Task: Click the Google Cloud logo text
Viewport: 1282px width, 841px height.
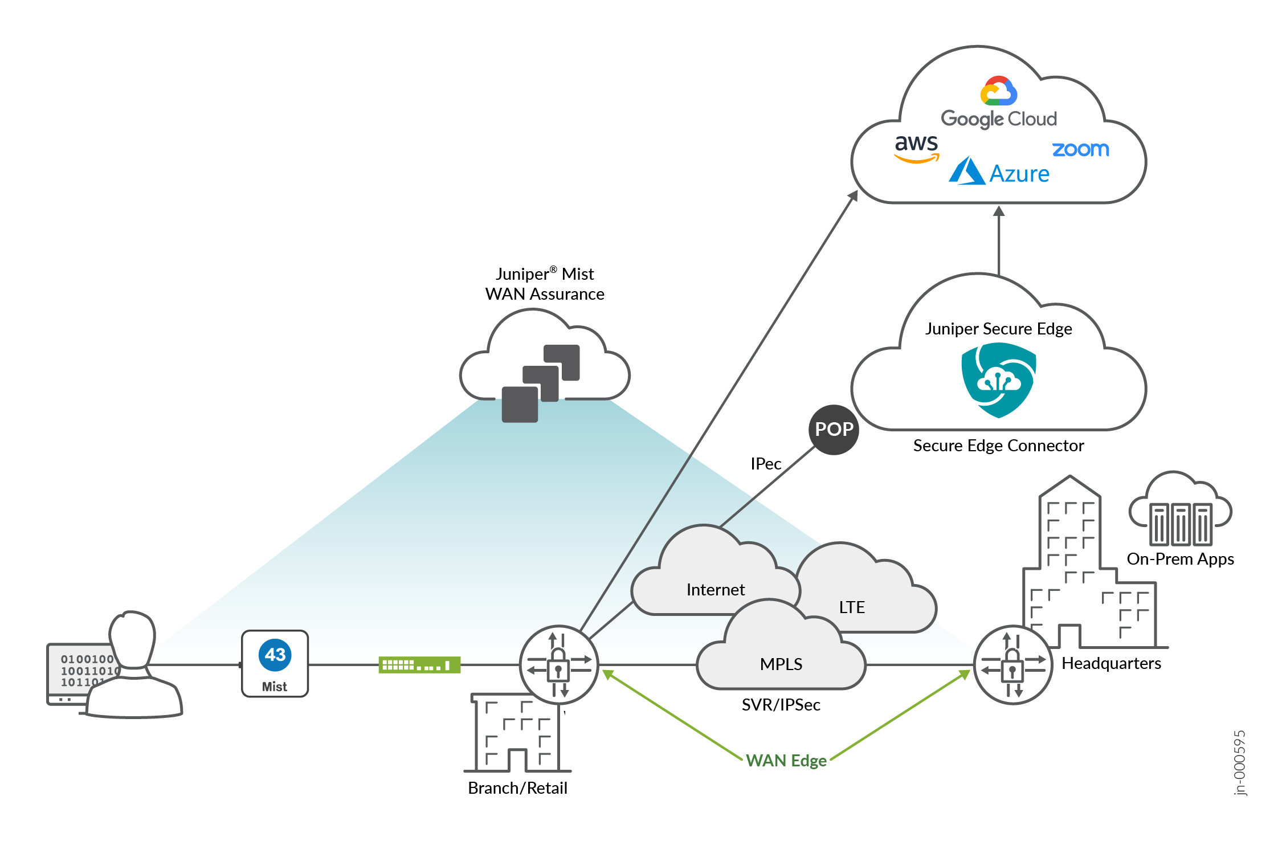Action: coord(999,119)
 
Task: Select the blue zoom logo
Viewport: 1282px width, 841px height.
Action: coord(1080,149)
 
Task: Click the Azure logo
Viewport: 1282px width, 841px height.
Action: coord(999,172)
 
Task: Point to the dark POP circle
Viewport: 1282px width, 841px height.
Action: coord(834,430)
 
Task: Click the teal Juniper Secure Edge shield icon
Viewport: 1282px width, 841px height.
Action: coord(998,379)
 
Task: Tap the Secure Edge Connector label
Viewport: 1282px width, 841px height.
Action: coord(998,446)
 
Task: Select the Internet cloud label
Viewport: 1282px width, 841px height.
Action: coord(715,590)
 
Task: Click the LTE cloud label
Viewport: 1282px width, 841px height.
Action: coord(852,607)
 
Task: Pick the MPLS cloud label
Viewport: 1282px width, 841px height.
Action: coord(781,664)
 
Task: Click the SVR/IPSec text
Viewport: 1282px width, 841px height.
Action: coord(781,705)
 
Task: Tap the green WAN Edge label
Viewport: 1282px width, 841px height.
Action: coord(786,761)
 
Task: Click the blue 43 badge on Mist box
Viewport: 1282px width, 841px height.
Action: coord(275,655)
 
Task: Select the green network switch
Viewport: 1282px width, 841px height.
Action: coord(419,665)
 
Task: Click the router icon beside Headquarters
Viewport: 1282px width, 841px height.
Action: coord(1012,665)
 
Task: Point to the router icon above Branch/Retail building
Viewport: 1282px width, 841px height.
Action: coord(558,665)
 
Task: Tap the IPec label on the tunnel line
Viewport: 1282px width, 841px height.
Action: coord(765,464)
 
